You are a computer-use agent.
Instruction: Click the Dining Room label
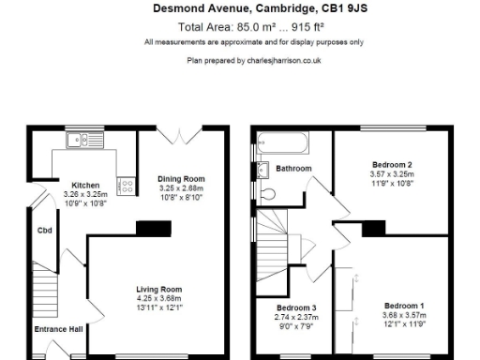pos(181,178)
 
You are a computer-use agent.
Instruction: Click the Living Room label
pos(158,289)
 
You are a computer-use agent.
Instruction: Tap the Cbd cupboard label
pos(44,231)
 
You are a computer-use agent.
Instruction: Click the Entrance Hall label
pos(59,329)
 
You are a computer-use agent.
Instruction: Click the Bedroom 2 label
pos(392,164)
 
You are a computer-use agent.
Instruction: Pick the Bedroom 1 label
pos(404,306)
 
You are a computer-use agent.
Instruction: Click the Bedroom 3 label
pos(295,307)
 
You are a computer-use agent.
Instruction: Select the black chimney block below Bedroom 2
pos(374,227)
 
